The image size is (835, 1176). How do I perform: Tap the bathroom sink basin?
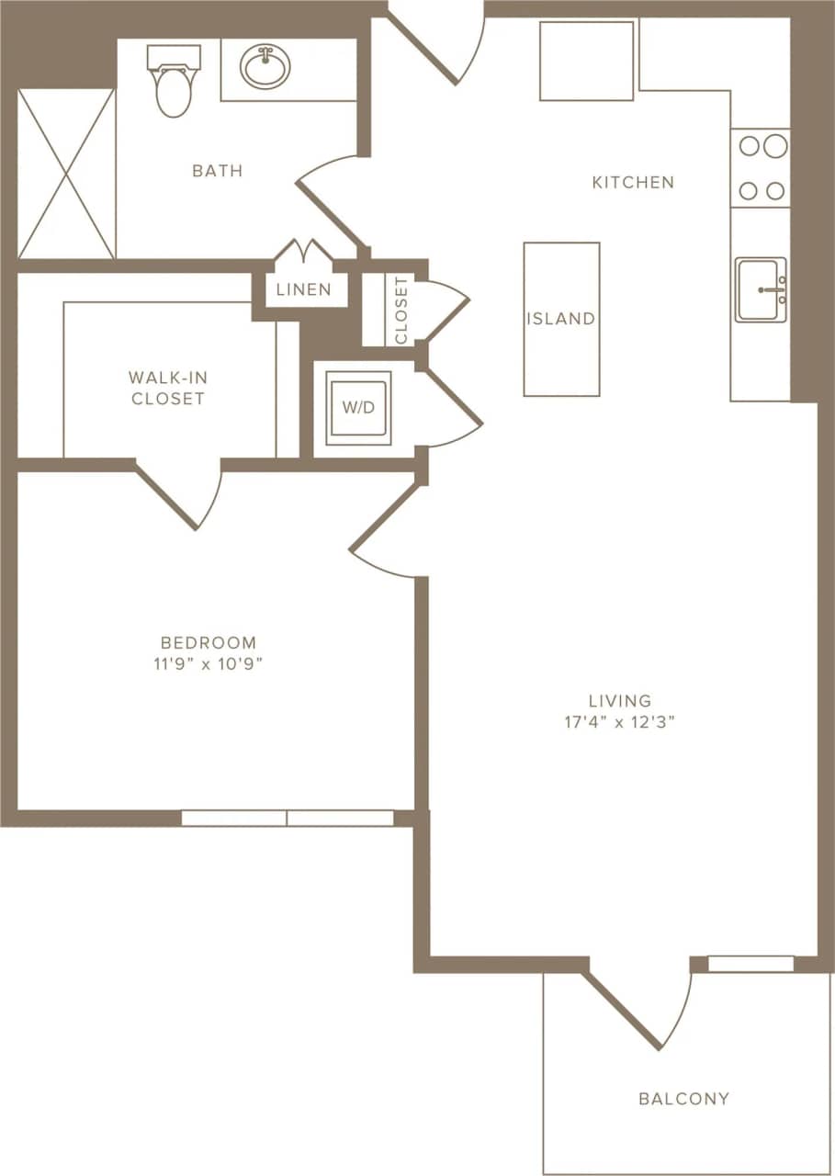pos(265,66)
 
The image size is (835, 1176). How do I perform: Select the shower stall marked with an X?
pos(66,174)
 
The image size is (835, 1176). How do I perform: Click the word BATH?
pos(218,171)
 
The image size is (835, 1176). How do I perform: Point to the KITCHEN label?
pos(633,183)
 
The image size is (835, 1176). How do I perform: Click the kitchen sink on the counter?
pos(761,289)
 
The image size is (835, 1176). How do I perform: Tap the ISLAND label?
pos(561,320)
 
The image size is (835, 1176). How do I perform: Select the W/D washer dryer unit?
pos(358,408)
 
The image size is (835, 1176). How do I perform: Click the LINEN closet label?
pos(304,290)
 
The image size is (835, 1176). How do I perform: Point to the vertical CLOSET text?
pos(401,310)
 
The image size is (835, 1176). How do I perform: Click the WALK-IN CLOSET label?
pos(167,388)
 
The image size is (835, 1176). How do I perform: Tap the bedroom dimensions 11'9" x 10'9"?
pos(209,664)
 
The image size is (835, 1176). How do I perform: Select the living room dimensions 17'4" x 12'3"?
pos(621,722)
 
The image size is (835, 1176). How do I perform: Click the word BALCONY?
pos(684,1099)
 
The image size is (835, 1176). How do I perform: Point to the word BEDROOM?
pos(209,643)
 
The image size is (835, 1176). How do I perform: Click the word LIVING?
pos(622,701)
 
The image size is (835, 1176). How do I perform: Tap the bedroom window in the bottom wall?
pos(287,818)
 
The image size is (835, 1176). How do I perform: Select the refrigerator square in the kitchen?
pos(586,61)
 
